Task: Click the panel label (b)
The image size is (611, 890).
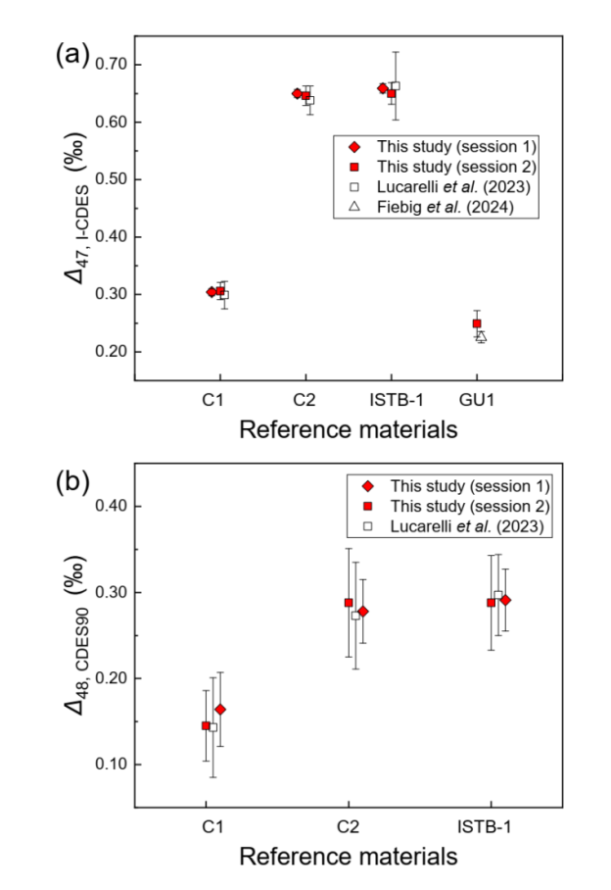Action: pos(71,482)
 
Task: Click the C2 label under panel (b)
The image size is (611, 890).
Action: pos(348,827)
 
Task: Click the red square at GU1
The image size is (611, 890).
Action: pos(477,323)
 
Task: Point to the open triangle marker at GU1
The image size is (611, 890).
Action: pos(481,336)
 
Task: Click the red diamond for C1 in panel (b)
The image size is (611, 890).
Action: pos(220,709)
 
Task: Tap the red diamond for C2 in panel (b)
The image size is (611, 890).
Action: pos(363,612)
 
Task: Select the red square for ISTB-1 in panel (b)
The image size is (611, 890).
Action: pos(491,603)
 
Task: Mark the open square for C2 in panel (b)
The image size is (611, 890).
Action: pos(355,616)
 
